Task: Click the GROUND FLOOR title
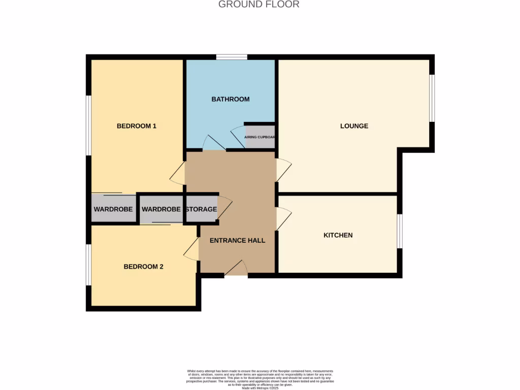pyautogui.click(x=258, y=5)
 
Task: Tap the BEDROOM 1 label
pyautogui.click(x=136, y=126)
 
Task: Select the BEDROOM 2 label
pyautogui.click(x=143, y=267)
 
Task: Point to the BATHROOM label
pyautogui.click(x=231, y=99)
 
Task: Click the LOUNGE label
pyautogui.click(x=354, y=126)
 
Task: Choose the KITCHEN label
pyautogui.click(x=338, y=235)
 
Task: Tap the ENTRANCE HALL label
pyautogui.click(x=237, y=240)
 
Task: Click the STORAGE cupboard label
pyautogui.click(x=201, y=209)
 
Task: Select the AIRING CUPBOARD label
pyautogui.click(x=259, y=137)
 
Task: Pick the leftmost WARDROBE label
pyautogui.click(x=113, y=209)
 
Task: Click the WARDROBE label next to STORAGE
pyautogui.click(x=161, y=209)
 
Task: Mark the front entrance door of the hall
pyautogui.click(x=236, y=269)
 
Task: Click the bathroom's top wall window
pyautogui.click(x=232, y=57)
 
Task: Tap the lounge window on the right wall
pyautogui.click(x=432, y=99)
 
